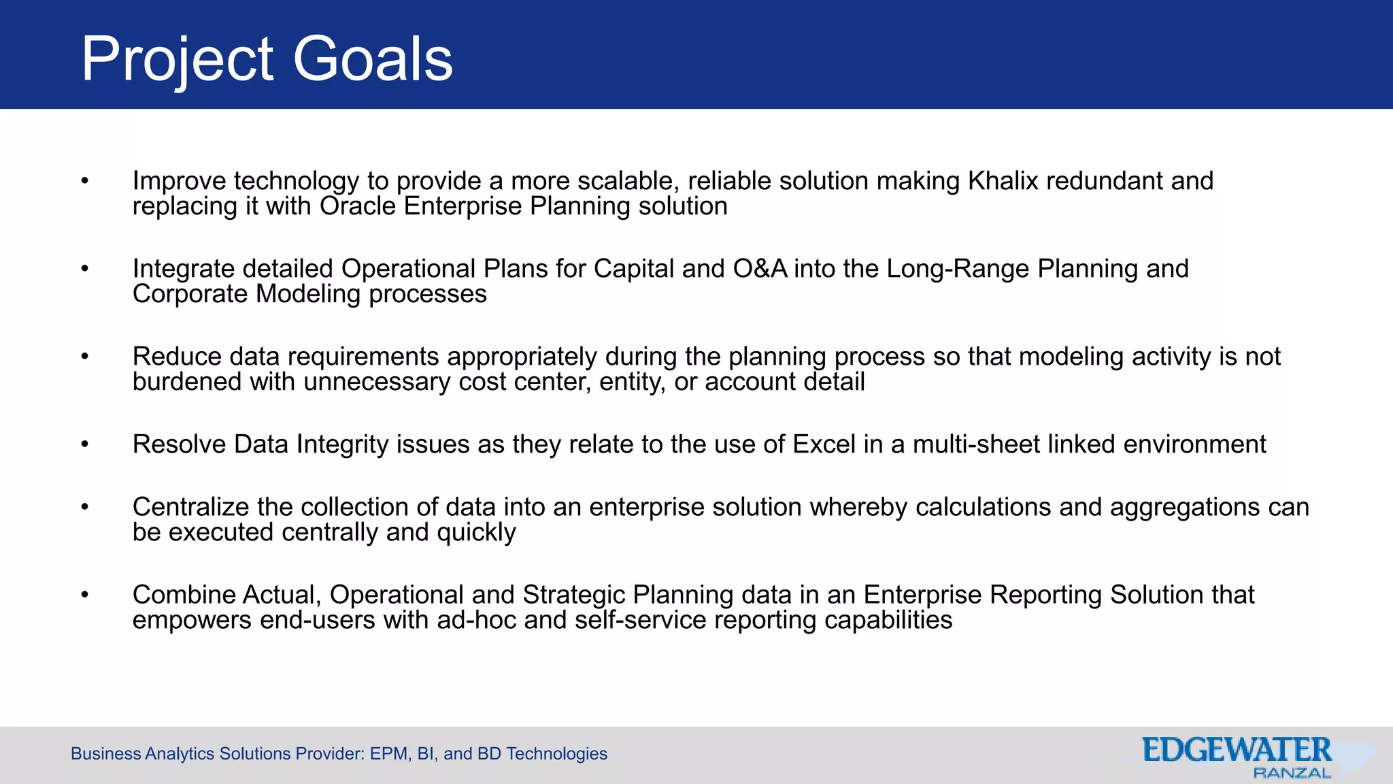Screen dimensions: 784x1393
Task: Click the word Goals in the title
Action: pyautogui.click(x=373, y=60)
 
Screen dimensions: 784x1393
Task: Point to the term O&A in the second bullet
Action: pyautogui.click(x=760, y=269)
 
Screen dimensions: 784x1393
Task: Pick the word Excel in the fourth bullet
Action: pyautogui.click(x=824, y=444)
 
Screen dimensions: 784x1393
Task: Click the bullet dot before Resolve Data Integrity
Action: pyautogui.click(x=85, y=444)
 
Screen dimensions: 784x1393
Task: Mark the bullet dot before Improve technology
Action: pyautogui.click(x=85, y=181)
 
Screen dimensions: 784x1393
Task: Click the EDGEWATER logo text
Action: pyautogui.click(x=1236, y=751)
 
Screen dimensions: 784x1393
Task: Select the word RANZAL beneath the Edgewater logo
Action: pyautogui.click(x=1292, y=773)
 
